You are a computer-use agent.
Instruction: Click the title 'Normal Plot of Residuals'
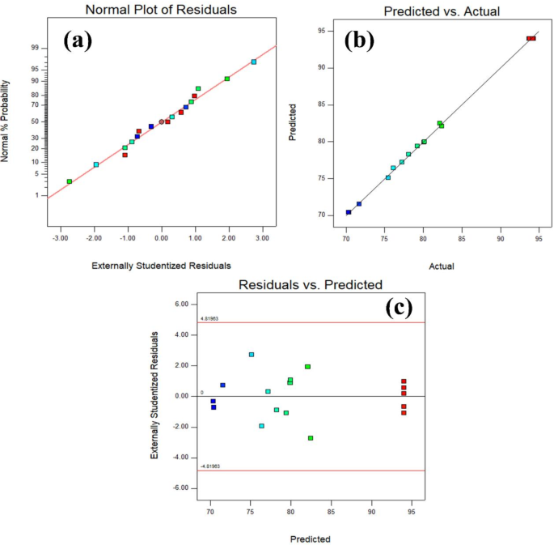pyautogui.click(x=163, y=11)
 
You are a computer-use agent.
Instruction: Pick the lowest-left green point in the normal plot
pyautogui.click(x=70, y=181)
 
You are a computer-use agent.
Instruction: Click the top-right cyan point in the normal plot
pyautogui.click(x=254, y=62)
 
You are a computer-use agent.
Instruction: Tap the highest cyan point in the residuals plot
pyautogui.click(x=252, y=355)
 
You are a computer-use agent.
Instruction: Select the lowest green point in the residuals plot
pyautogui.click(x=311, y=438)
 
